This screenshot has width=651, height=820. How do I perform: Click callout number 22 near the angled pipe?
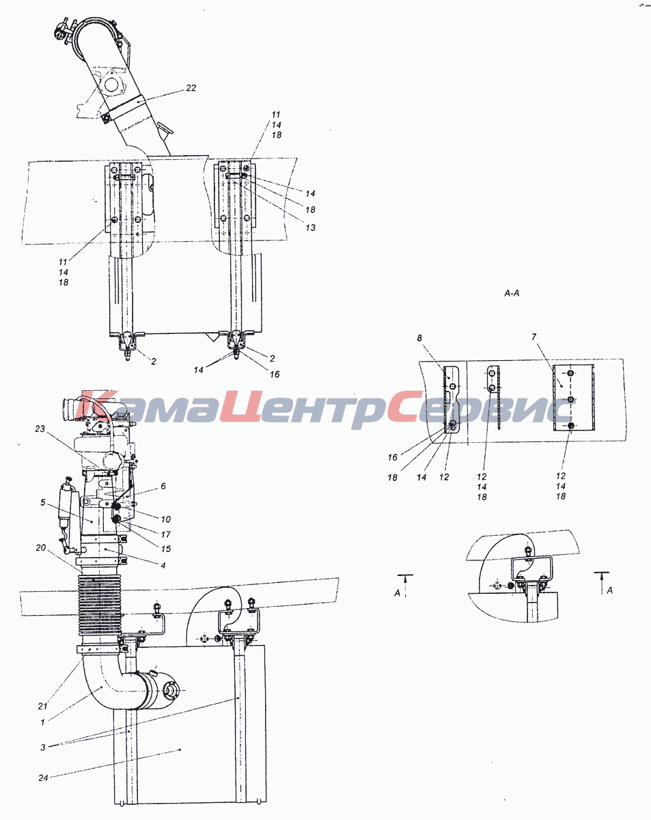191,88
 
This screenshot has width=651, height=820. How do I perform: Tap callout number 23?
40,428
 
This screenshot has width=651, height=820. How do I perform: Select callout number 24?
43,778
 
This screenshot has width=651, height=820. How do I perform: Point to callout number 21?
42,706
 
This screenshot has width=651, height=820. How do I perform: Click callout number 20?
41,548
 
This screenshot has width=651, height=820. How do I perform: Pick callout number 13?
310,228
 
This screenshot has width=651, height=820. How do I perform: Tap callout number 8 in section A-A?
419,338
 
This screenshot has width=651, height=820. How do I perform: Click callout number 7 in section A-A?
534,337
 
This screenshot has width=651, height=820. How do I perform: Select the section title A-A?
512,293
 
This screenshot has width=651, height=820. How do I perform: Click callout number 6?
163,487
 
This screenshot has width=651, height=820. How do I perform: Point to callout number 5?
42,503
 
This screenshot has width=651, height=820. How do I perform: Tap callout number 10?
166,519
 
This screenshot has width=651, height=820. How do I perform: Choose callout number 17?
165,534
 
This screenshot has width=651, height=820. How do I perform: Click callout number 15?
166,549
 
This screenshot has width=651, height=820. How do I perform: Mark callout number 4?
163,566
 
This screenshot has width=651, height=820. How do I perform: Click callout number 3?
42,747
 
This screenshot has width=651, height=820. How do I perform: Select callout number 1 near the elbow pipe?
42,722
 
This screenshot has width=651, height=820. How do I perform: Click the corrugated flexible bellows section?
100,605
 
